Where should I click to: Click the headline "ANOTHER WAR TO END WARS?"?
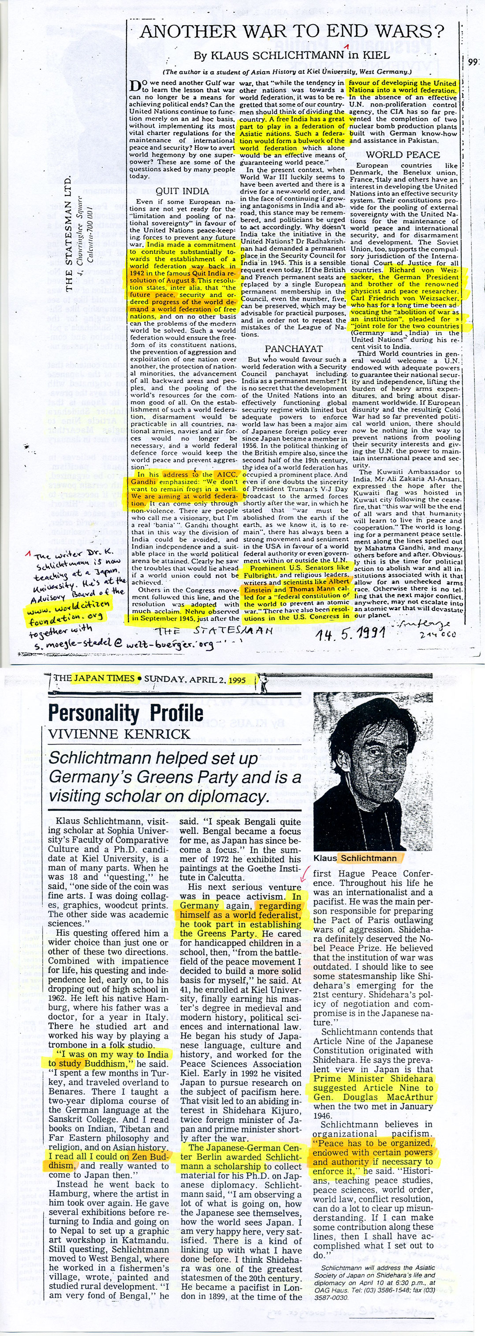[292, 32]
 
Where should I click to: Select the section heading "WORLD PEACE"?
[403, 154]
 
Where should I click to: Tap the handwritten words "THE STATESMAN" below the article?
[215, 631]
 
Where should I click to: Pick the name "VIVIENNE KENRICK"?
[119, 734]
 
